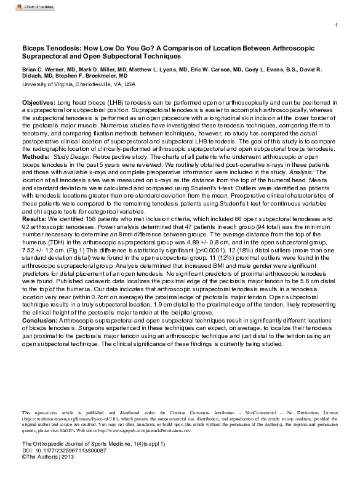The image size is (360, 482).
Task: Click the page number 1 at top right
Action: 336,25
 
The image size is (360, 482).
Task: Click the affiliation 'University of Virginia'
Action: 50,84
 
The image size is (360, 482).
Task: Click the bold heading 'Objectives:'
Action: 38,100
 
